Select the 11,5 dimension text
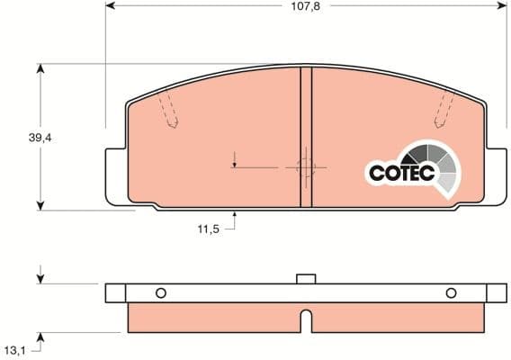click(x=208, y=229)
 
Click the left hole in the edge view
click(x=161, y=292)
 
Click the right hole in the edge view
click(x=451, y=292)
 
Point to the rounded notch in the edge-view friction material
click(x=306, y=319)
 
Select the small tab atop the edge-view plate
click(x=305, y=278)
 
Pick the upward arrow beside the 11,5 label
click(x=234, y=216)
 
